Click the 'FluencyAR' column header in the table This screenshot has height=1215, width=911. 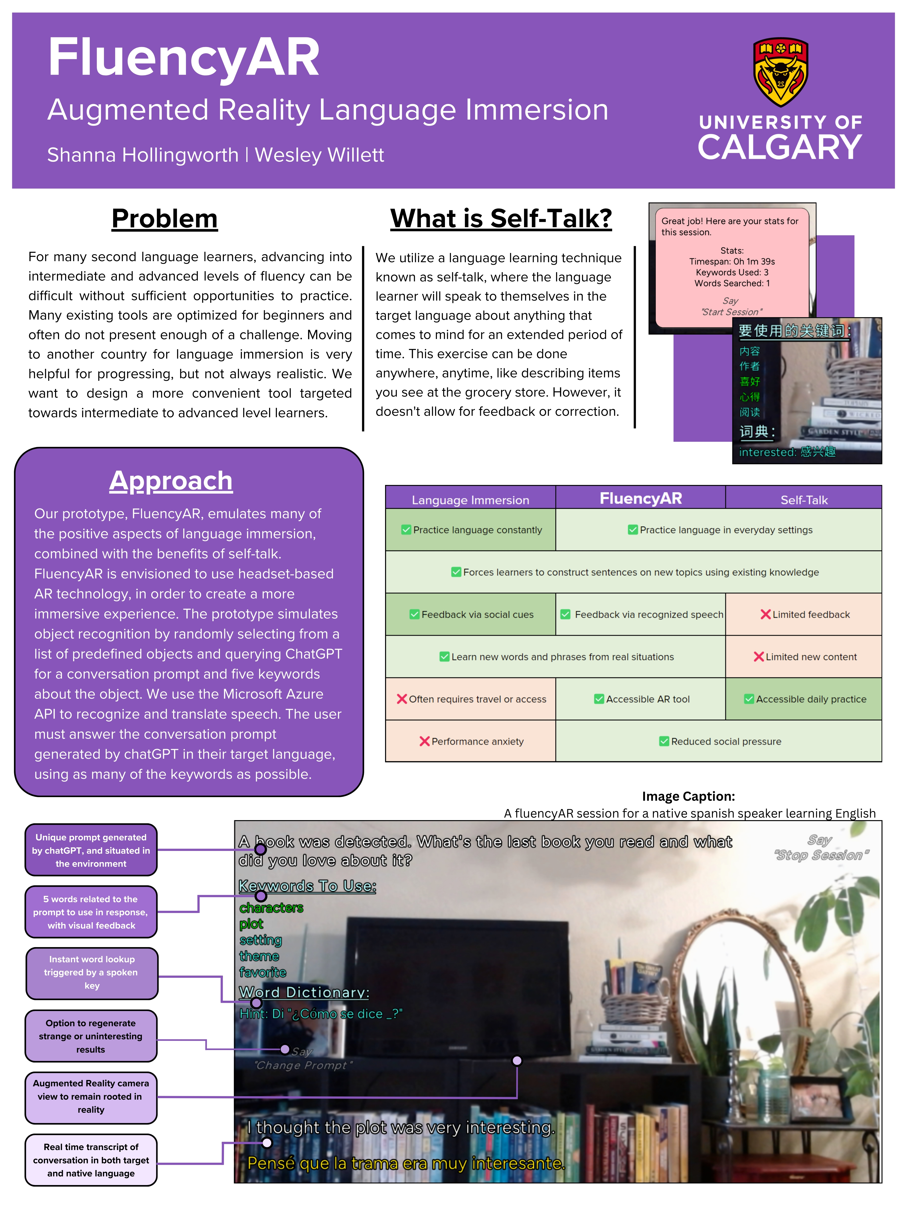click(640, 498)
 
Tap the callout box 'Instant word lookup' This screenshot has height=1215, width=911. click(92, 972)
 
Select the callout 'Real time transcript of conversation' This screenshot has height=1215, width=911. click(91, 1160)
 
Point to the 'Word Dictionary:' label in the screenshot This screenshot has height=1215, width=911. click(304, 992)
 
